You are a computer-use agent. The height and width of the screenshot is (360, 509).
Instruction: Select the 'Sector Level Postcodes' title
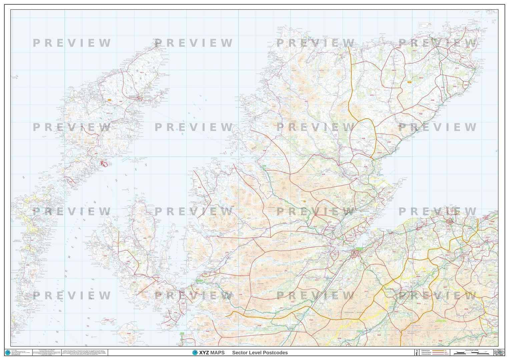[x=260, y=353]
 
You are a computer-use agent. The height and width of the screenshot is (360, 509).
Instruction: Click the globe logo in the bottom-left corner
[x=8, y=352]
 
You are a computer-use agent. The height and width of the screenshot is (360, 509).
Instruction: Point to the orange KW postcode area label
[x=410, y=82]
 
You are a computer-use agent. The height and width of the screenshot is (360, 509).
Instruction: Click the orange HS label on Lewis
[x=109, y=100]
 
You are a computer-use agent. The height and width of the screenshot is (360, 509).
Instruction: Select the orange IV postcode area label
[x=304, y=201]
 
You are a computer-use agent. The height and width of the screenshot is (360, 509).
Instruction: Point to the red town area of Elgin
[x=450, y=220]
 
